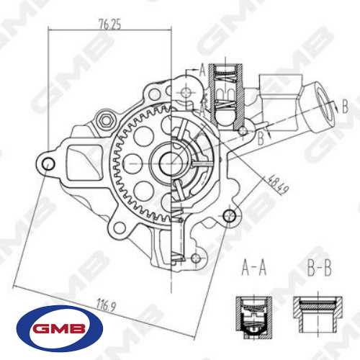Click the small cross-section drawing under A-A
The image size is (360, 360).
pyautogui.click(x=251, y=315)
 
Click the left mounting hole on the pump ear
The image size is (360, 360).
pyautogui.click(x=48, y=164)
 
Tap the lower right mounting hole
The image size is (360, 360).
pyautogui.click(x=230, y=215)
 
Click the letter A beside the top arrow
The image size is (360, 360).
pyautogui.click(x=202, y=70)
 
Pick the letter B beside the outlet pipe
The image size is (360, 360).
pyautogui.click(x=344, y=107)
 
